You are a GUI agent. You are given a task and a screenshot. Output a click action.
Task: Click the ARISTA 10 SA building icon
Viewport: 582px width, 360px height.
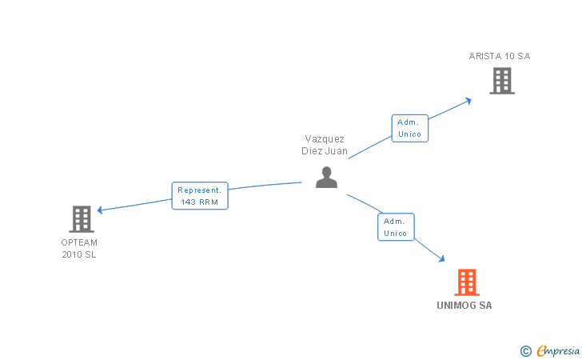point(501,80)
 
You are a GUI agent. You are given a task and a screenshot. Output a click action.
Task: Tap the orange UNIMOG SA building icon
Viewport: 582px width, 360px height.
point(466,282)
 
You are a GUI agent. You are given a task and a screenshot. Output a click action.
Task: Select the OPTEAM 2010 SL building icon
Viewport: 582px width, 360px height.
point(81,218)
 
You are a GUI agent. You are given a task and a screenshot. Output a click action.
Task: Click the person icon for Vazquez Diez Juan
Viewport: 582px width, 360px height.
point(326,177)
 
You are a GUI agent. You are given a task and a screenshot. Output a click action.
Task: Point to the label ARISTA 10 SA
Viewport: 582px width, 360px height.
point(499,56)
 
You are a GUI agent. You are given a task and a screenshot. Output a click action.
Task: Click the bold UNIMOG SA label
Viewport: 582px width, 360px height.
point(464,306)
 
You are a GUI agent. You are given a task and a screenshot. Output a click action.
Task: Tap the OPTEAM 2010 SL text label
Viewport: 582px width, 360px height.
point(78,248)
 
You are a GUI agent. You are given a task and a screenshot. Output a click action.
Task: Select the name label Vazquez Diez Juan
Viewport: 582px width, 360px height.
point(324,145)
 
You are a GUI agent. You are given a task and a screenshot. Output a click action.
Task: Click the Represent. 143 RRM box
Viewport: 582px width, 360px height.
point(200,196)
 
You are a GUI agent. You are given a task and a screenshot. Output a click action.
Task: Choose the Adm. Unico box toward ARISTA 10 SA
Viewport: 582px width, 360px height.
point(409,128)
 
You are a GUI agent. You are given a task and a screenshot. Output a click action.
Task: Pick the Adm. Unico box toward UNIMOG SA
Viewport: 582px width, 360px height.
point(396,227)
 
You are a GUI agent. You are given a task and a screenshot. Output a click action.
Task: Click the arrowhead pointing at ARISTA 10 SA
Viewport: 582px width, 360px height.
point(468,100)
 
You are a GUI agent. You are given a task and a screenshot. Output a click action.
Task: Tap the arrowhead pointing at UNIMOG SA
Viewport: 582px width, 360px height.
point(441,259)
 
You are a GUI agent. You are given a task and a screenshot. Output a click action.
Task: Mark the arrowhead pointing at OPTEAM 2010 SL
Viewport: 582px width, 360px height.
point(100,210)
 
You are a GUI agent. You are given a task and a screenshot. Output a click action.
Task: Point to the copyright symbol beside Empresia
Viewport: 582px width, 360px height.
point(525,350)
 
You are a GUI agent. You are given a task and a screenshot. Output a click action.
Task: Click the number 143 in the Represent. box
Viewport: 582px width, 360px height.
point(189,202)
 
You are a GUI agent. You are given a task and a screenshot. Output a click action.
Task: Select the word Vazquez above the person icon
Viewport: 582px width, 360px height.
point(324,138)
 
